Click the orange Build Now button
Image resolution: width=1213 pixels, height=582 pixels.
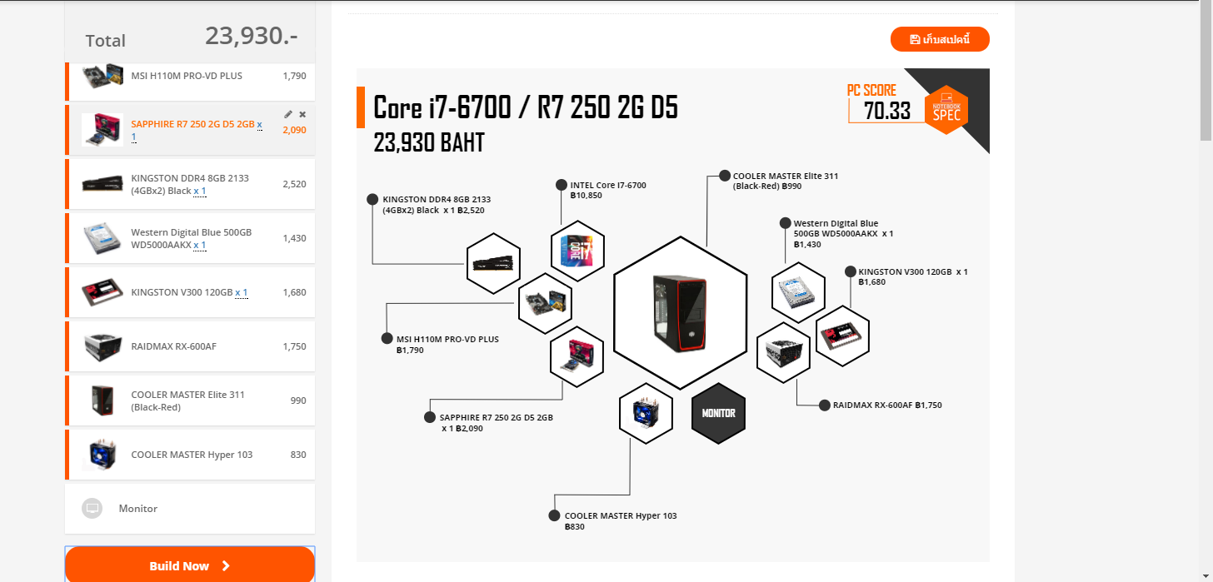coord(190,565)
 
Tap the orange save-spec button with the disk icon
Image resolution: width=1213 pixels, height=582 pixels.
coord(940,39)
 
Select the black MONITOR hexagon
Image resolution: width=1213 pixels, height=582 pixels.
coord(718,413)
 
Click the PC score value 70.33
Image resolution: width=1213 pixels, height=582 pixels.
coord(886,111)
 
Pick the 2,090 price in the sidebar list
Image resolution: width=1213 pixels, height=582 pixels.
coord(294,130)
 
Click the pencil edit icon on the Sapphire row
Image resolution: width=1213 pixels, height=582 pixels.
coord(288,114)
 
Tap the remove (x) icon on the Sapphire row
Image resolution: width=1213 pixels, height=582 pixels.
coord(302,114)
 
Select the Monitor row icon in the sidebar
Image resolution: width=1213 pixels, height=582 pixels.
coord(92,508)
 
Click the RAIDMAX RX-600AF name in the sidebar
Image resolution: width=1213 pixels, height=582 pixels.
coord(173,346)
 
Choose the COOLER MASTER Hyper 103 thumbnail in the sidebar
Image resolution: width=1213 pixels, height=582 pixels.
coord(103,455)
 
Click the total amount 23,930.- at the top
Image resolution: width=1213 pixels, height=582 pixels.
coord(251,36)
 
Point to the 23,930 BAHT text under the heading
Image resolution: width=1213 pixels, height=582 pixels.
coord(428,143)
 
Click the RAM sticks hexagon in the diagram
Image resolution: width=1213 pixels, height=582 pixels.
coord(493,263)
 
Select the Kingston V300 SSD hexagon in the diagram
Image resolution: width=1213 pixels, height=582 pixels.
coord(841,336)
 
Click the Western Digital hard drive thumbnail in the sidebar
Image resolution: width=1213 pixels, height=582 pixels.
coord(103,238)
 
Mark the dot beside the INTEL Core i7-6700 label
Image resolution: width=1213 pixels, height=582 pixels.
coord(561,186)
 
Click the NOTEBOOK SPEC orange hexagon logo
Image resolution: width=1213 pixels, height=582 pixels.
coord(946,110)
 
